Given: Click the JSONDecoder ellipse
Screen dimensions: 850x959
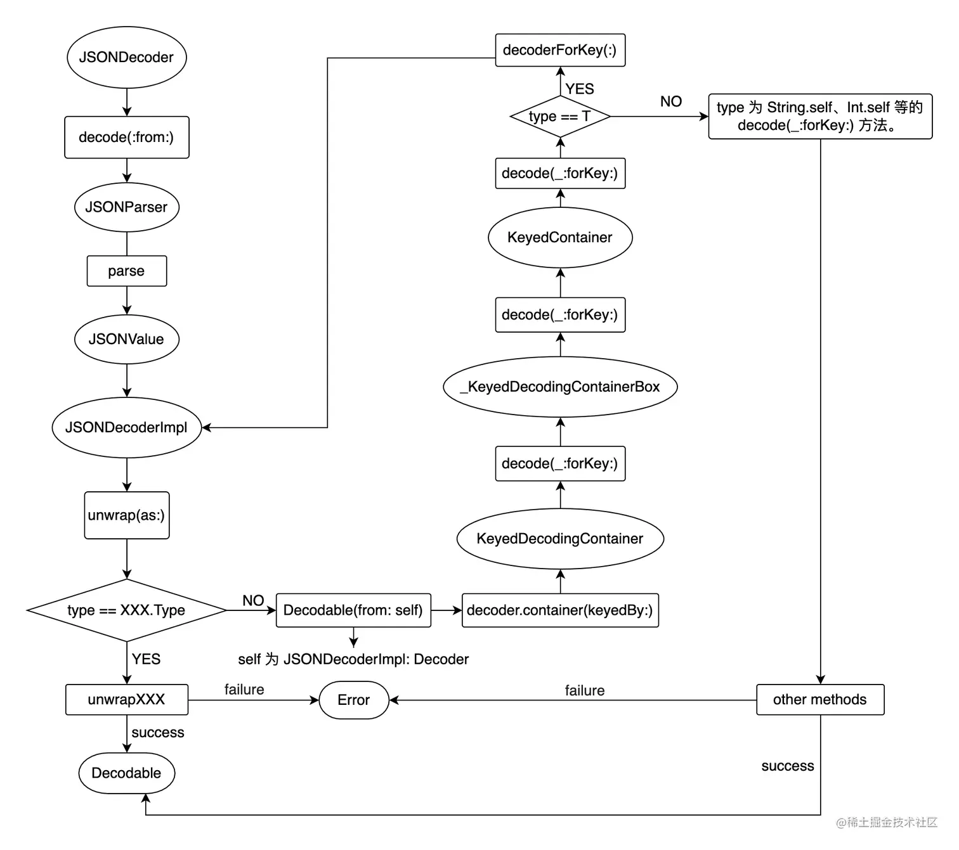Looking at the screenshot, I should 126,57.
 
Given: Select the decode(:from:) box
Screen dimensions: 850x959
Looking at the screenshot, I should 126,137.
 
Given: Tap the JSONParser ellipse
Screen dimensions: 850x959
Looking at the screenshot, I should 126,207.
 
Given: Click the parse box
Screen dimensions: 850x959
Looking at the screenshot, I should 126,271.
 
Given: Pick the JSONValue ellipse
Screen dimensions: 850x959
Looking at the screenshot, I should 126,339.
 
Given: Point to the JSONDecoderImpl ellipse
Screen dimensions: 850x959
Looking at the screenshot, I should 126,427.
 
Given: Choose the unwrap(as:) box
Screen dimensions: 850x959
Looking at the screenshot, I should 126,515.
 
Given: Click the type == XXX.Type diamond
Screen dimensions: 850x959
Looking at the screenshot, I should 126,610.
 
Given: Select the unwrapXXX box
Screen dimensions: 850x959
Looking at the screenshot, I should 126,699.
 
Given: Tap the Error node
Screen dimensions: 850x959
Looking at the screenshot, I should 353,700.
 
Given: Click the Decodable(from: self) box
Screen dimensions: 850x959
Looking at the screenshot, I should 353,610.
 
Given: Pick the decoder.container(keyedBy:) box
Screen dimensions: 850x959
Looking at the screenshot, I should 560,610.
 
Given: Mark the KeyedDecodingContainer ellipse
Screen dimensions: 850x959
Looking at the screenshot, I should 560,538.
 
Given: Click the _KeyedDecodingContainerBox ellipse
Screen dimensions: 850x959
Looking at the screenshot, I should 560,387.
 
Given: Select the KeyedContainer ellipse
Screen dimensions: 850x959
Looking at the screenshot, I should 560,237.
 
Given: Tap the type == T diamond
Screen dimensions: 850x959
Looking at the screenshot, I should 560,116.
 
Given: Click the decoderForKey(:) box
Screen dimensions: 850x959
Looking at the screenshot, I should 560,50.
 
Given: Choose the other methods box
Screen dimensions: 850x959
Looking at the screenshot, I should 819,699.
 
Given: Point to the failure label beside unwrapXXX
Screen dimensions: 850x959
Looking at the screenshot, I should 244,689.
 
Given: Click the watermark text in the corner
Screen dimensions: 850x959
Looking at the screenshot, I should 886,822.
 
